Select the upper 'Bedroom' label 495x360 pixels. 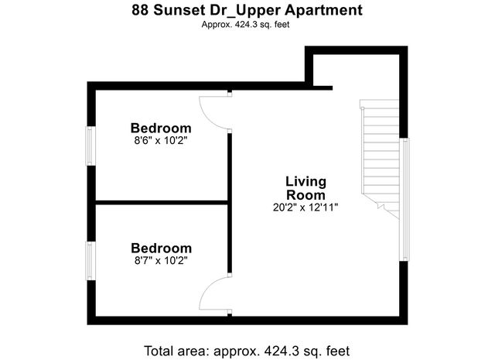point(161,128)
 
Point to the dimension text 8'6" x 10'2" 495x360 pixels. point(161,141)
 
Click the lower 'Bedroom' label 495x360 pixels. point(161,248)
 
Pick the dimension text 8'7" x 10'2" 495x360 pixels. point(161,261)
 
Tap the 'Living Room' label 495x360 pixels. point(306,187)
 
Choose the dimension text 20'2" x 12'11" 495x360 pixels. point(306,207)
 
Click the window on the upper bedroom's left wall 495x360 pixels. point(90,144)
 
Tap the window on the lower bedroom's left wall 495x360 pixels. point(90,262)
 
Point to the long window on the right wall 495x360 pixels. point(403,200)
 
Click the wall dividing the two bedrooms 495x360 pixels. point(161,203)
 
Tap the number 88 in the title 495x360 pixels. point(138,12)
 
